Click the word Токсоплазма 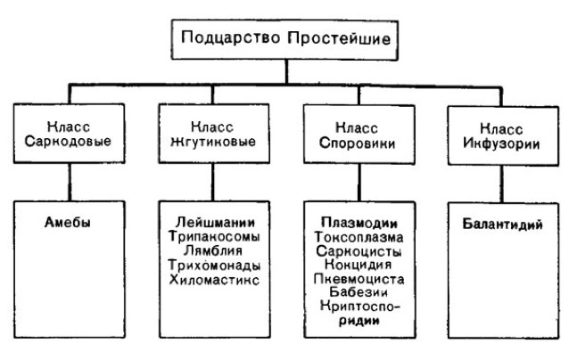(354, 237)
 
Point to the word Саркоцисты (354, 251)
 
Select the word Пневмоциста (354, 280)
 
